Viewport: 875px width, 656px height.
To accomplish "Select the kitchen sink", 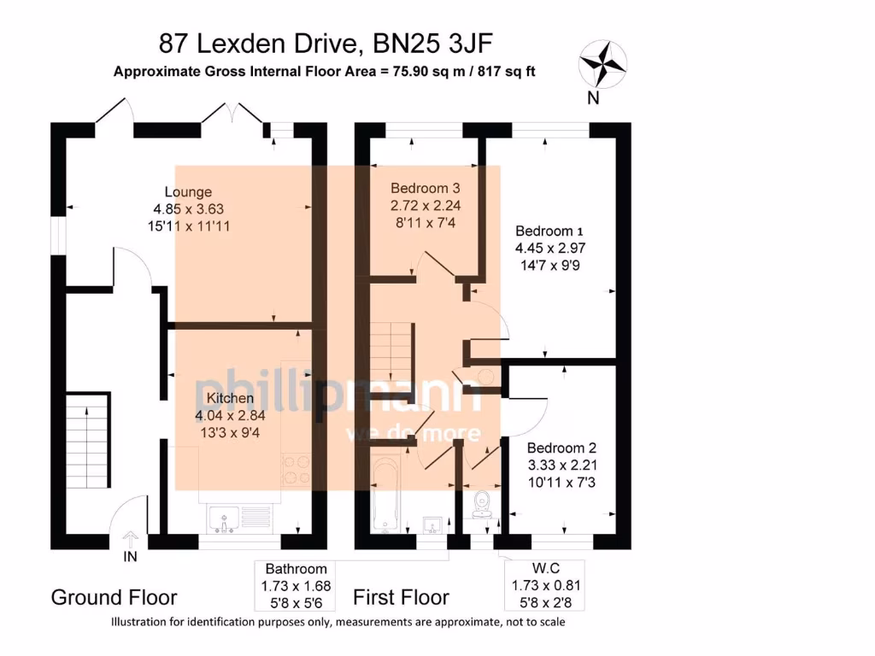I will point(225,518).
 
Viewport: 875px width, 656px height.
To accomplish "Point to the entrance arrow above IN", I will point(130,539).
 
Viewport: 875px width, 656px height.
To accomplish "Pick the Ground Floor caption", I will point(114,597).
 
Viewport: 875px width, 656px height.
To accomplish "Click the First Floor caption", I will point(401,597).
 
